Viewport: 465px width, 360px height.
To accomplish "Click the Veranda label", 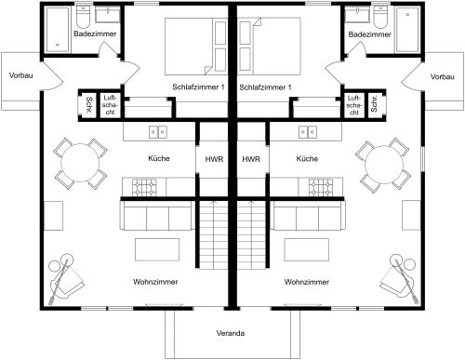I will point(232,332).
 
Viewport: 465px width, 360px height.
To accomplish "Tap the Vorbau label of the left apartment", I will point(18,74).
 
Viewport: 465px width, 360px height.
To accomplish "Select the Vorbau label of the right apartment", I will point(446,74).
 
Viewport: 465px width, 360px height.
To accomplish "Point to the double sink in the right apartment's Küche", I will point(306,132).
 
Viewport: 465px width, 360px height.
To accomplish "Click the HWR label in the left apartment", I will point(212,159).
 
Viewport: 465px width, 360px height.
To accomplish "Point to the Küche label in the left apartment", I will point(159,159).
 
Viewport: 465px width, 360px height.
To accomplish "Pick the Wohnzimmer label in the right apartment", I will point(306,280).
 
